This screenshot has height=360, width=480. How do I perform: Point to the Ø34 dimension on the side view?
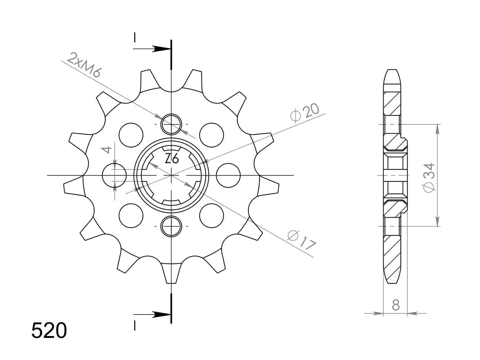(x=429, y=178)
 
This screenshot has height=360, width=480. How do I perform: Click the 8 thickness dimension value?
(x=396, y=305)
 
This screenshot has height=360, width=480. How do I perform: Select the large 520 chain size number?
(x=49, y=330)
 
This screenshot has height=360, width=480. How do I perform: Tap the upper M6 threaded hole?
(x=171, y=124)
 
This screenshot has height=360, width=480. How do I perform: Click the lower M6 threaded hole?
(x=171, y=226)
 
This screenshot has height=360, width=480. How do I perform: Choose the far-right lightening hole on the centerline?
(x=228, y=175)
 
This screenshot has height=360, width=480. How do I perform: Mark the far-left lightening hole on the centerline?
(x=114, y=175)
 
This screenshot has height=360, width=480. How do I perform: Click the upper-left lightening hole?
(x=131, y=135)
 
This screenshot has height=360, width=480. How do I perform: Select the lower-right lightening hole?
(x=211, y=216)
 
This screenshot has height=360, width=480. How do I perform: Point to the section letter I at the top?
(x=134, y=37)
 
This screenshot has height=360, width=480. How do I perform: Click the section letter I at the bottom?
(x=134, y=325)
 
